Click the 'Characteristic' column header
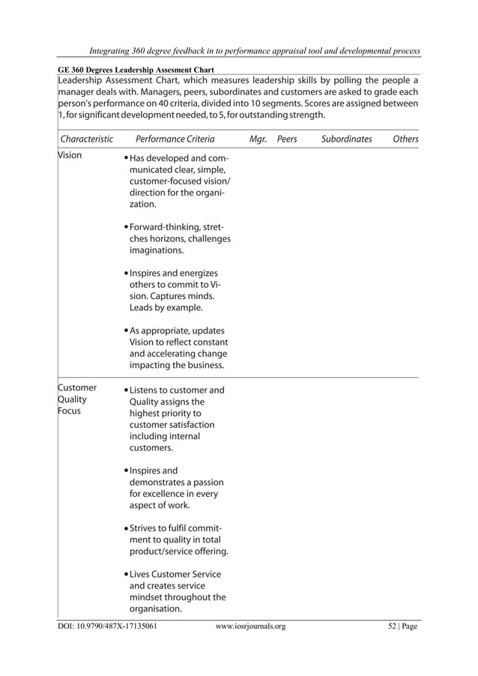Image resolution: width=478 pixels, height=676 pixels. click(x=87, y=139)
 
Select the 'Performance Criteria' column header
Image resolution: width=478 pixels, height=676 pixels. click(x=175, y=139)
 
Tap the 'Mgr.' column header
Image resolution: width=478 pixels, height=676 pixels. click(x=258, y=139)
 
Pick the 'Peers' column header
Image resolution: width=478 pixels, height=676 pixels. click(x=287, y=139)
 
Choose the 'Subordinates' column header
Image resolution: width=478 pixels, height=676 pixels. click(x=346, y=139)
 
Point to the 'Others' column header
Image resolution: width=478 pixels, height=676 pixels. click(x=405, y=139)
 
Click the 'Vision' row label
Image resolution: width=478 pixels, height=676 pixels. click(x=70, y=156)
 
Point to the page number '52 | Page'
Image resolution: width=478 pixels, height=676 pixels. click(x=397, y=626)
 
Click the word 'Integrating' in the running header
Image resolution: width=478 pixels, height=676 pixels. click(x=113, y=50)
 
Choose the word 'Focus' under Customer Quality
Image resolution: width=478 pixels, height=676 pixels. click(x=70, y=411)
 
